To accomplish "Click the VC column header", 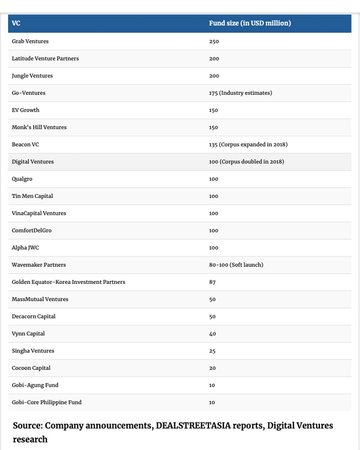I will (16, 23).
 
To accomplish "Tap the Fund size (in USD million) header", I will (250, 23).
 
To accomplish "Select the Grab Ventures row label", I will (30, 41).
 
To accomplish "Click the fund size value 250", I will (214, 41).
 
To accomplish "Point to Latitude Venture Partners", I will (45, 58).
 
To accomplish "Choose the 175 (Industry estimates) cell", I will (240, 93).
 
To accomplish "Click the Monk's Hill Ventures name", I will (39, 127).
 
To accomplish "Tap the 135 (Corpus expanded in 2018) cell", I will (248, 144).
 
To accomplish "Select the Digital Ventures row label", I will (32, 162).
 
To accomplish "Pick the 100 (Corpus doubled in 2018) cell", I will (246, 162).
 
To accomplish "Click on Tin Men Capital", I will (32, 196).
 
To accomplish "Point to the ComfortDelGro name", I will (31, 230).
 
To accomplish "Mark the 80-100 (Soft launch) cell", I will (236, 265).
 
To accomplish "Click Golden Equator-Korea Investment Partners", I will (68, 282).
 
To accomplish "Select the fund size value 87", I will (212, 282).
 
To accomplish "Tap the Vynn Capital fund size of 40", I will (212, 334).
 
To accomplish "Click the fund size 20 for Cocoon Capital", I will (212, 368).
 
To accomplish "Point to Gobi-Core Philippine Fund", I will (46, 402).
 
